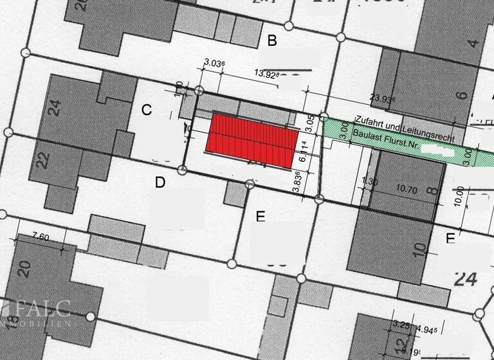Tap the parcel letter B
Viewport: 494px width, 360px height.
point(272,42)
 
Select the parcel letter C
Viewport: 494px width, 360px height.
point(147,110)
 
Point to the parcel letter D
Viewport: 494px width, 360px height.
point(160,183)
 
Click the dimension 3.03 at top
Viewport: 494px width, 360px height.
point(214,63)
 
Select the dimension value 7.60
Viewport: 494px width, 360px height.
point(40,237)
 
